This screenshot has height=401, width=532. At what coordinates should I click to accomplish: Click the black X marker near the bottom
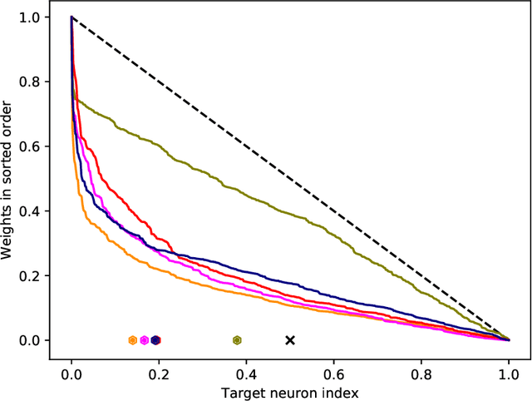(290, 339)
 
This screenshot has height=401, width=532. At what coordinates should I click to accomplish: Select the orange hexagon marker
(133, 339)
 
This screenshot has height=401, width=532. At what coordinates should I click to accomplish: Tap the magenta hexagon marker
(145, 339)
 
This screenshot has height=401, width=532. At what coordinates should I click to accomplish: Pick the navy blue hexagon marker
(155, 339)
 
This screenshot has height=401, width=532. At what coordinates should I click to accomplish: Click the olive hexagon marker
(237, 339)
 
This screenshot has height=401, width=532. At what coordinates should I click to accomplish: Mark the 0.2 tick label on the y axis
(37, 275)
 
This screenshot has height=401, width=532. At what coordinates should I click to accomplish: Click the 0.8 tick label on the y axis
(37, 82)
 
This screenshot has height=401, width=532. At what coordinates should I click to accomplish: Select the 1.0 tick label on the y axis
(37, 17)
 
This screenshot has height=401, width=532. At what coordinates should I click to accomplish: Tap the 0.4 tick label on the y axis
(37, 211)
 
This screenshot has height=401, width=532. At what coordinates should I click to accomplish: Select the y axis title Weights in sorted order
(10, 178)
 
